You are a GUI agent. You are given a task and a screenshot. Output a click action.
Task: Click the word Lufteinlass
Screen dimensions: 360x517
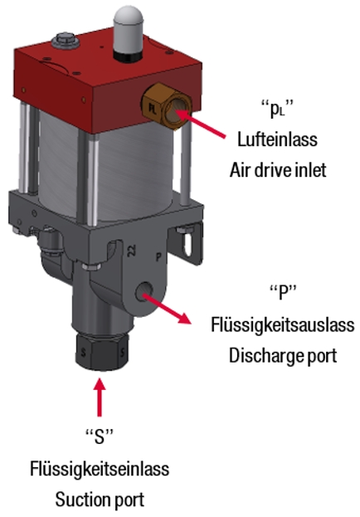click(277, 139)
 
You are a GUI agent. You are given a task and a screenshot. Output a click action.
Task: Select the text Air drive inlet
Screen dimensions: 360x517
click(278, 170)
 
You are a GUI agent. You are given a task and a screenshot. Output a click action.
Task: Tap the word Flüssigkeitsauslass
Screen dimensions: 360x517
click(283, 325)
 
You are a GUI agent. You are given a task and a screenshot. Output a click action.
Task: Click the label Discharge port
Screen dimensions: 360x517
click(283, 356)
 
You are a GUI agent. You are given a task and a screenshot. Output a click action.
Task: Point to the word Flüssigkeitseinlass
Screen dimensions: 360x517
click(100, 469)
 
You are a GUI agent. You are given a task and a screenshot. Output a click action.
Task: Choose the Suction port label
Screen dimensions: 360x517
click(100, 500)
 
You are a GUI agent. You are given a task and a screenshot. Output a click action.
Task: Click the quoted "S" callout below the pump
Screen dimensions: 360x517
click(100, 437)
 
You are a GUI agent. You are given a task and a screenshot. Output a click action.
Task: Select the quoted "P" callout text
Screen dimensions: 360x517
click(283, 292)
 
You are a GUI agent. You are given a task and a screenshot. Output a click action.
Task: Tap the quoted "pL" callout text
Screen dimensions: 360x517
click(277, 109)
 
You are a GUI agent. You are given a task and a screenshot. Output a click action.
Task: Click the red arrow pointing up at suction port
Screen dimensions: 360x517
click(100, 398)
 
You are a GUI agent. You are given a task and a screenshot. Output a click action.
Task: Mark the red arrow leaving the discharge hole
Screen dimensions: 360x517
click(168, 309)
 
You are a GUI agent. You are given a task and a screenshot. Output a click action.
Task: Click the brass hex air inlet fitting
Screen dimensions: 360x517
click(167, 106)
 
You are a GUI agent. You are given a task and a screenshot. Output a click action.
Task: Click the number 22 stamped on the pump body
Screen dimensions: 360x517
click(132, 251)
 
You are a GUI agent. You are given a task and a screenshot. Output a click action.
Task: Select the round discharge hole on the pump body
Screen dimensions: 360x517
click(144, 291)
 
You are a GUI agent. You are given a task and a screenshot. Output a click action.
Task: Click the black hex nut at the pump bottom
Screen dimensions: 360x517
click(101, 352)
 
